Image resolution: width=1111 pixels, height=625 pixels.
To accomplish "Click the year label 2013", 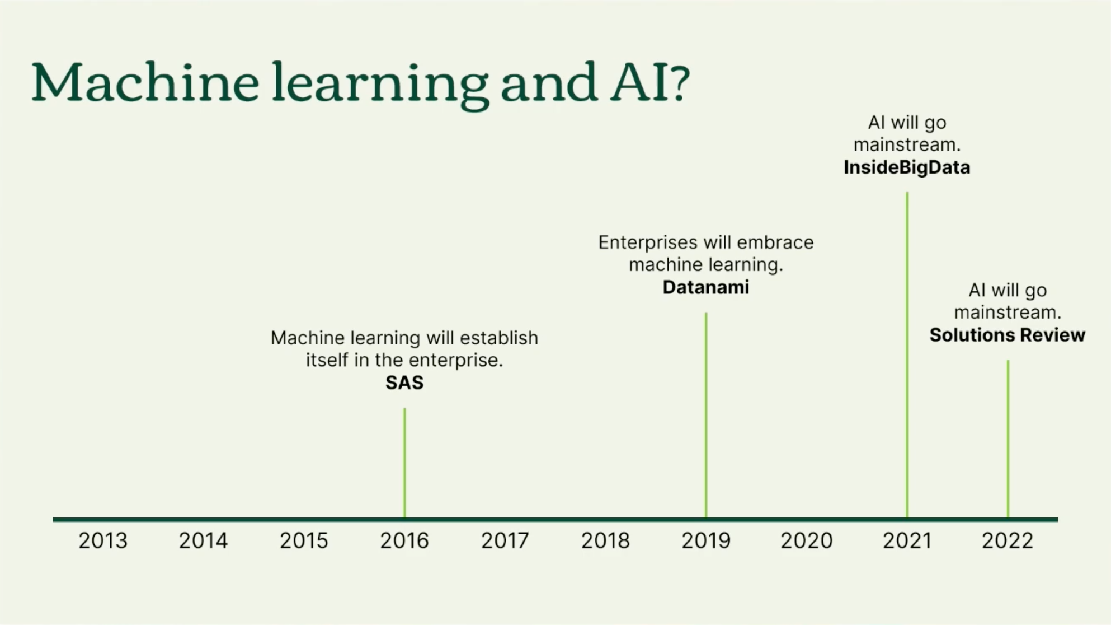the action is (103, 540).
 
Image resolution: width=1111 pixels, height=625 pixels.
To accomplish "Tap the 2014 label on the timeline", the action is (203, 540).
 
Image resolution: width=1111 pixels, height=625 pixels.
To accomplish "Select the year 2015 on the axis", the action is (304, 540).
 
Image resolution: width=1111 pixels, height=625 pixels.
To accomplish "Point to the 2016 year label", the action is (404, 540).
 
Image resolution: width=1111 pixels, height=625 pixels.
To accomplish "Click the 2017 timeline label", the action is (505, 540).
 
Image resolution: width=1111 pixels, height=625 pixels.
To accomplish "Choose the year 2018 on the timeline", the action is (605, 540).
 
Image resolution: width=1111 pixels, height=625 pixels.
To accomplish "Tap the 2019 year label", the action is (706, 540).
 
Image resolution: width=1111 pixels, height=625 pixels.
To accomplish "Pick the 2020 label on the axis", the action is (807, 540).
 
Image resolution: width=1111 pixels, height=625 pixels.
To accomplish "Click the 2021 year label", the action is (907, 540).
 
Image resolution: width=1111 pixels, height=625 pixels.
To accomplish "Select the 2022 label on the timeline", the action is (1008, 540).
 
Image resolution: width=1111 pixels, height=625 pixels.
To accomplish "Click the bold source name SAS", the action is (404, 383).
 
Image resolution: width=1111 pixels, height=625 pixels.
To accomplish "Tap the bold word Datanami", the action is (706, 287).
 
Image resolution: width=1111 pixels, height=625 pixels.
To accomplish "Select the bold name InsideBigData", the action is (907, 167).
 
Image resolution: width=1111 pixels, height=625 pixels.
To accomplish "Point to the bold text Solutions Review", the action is (1008, 335).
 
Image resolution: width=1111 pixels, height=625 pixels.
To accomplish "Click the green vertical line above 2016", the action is (404, 463).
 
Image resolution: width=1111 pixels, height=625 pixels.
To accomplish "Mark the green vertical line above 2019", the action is (706, 415).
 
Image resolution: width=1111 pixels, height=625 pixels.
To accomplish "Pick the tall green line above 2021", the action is (907, 355).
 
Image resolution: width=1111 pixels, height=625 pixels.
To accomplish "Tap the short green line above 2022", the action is (1008, 439).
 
